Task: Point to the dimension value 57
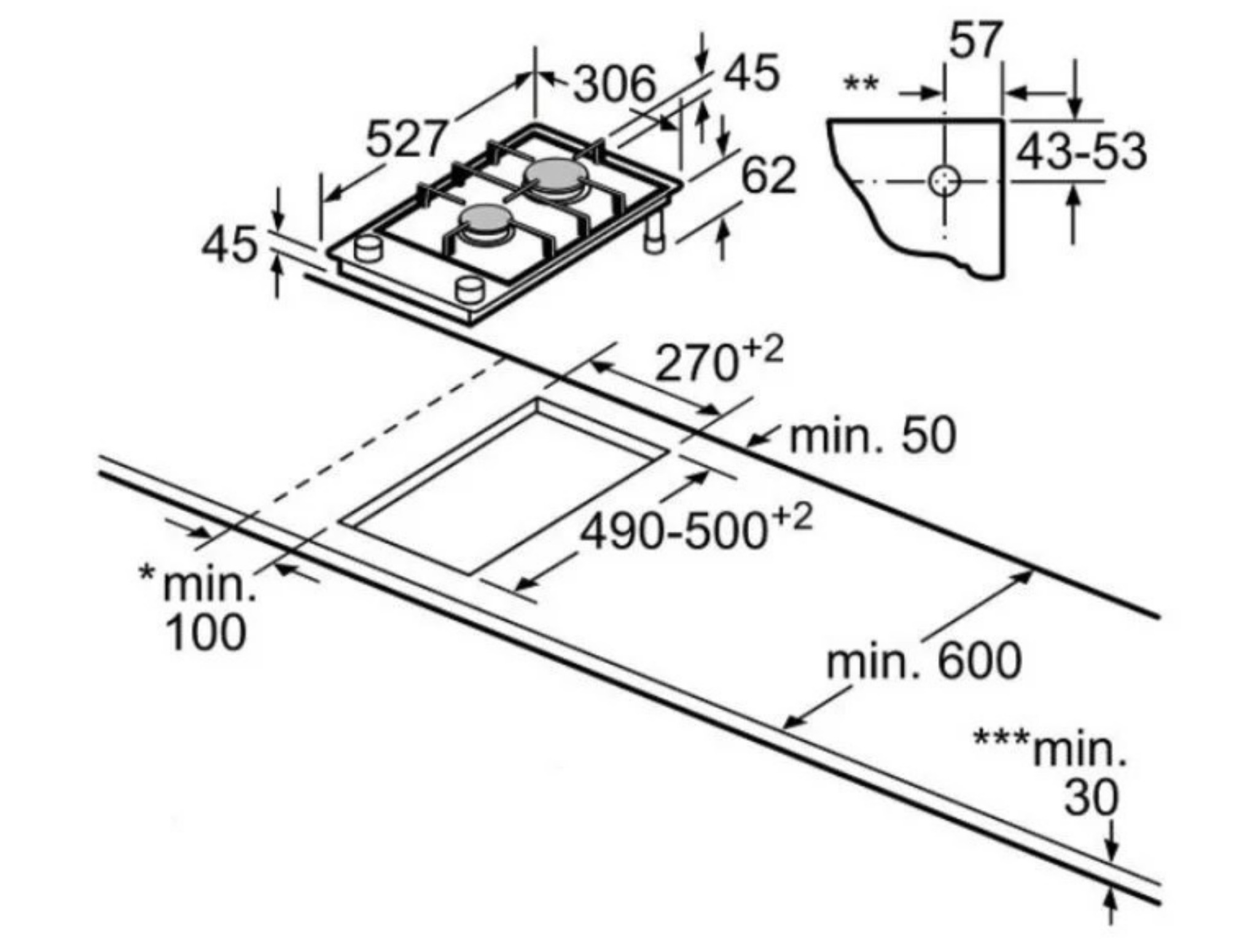click(975, 40)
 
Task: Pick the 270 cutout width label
click(696, 364)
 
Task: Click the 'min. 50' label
click(873, 436)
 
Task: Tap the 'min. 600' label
click(924, 661)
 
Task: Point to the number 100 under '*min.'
click(206, 632)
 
